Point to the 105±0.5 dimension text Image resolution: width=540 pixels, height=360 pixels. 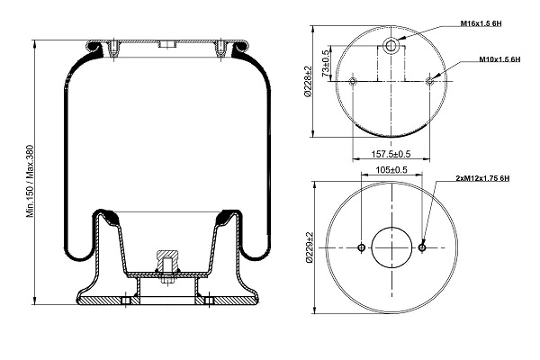[391, 169]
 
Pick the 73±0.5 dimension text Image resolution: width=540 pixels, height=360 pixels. [323, 64]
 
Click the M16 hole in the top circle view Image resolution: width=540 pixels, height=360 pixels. [392, 46]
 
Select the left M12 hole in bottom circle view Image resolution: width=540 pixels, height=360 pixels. [361, 247]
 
